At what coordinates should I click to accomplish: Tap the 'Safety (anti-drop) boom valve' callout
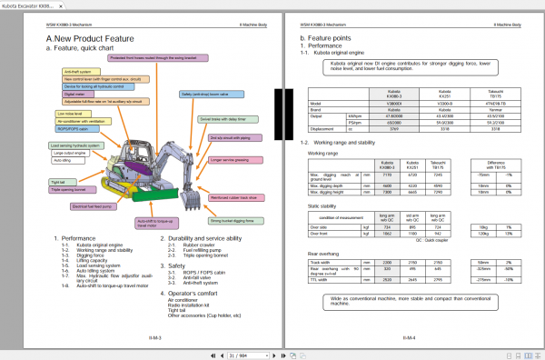click(x=209, y=94)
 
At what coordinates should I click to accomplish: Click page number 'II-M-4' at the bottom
click(x=409, y=336)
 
